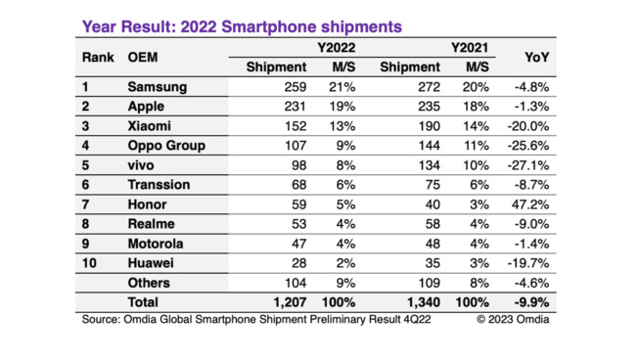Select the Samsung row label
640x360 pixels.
[x=157, y=87]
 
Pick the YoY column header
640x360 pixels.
[x=534, y=57]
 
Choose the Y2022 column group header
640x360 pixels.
[x=310, y=47]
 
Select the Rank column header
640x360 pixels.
[x=99, y=57]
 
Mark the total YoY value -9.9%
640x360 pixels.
[x=529, y=302]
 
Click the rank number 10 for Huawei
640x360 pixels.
[x=88, y=262]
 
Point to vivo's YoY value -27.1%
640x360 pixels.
[x=528, y=165]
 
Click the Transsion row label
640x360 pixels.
[x=159, y=185]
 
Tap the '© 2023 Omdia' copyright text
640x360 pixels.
[x=512, y=319]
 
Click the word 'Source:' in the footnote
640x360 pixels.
[x=103, y=319]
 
